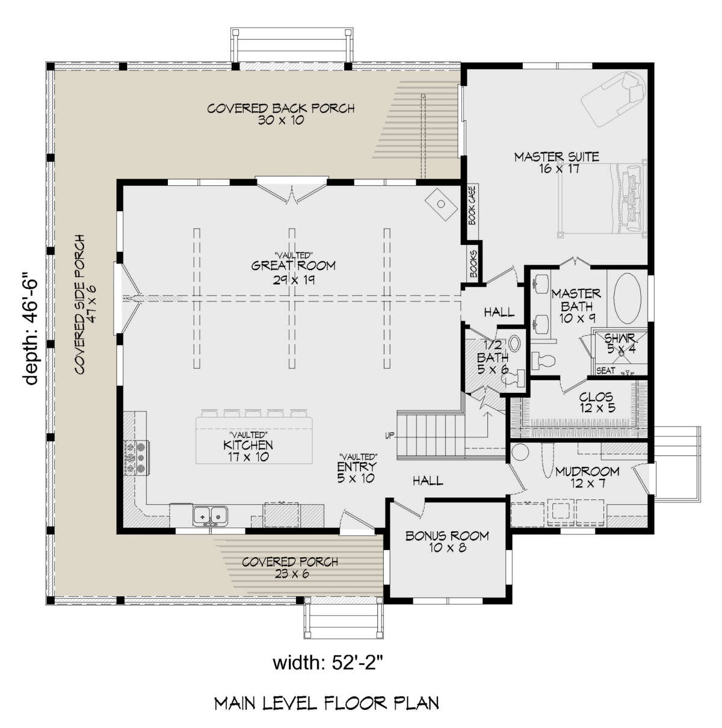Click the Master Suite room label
(x=557, y=162)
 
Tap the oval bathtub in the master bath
(x=627, y=298)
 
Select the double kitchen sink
(x=210, y=516)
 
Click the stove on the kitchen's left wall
(x=137, y=457)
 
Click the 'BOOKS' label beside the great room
(x=474, y=264)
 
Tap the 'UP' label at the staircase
(x=389, y=436)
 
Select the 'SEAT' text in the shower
(x=606, y=371)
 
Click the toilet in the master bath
(x=543, y=360)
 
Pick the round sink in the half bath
(x=514, y=343)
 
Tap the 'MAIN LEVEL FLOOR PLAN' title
(x=327, y=703)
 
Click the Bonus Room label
(x=447, y=541)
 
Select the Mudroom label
(x=587, y=477)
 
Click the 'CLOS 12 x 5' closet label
(x=596, y=402)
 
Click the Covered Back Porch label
(x=281, y=114)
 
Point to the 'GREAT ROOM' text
(x=293, y=265)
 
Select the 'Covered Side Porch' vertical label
(x=85, y=304)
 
